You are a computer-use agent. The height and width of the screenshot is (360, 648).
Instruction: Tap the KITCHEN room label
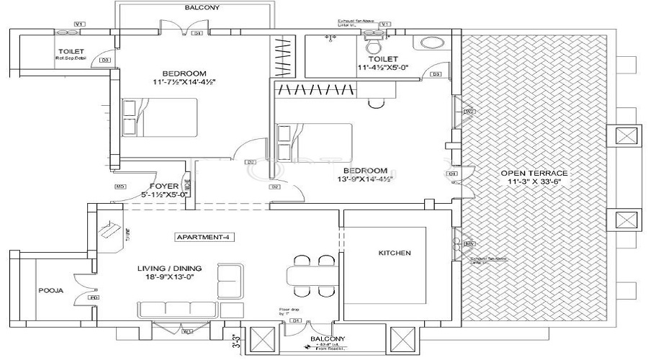point(394,253)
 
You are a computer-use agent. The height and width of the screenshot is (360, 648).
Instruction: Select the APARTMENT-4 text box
point(205,237)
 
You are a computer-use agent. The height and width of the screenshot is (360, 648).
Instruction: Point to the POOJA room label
point(50,291)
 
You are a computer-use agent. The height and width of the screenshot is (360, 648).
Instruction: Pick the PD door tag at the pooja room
point(94,297)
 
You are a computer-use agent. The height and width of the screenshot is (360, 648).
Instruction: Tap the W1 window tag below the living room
point(186,332)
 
